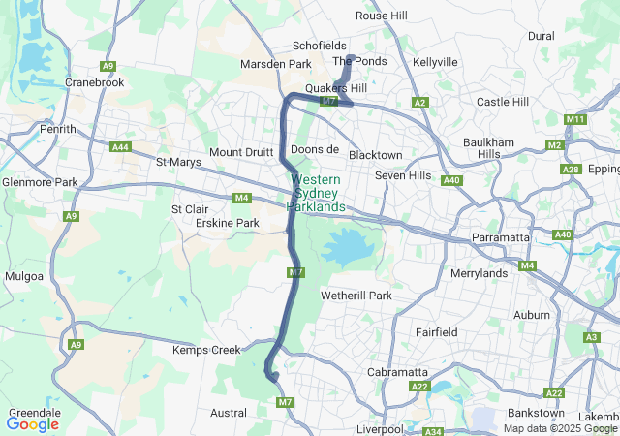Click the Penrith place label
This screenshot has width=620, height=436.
point(58,128)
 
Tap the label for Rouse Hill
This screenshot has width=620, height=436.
point(382,16)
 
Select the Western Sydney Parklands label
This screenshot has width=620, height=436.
point(316,194)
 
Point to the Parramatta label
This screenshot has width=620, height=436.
point(500,236)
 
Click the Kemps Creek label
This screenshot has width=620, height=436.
point(205,350)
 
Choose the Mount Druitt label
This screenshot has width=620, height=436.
point(242,152)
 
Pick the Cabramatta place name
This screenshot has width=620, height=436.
point(397,372)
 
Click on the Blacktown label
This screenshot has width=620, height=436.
point(375,155)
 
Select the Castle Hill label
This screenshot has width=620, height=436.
point(502,102)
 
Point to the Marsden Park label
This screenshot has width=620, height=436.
point(275,65)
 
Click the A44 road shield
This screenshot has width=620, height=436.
point(121,147)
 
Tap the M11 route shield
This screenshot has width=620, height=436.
point(575,119)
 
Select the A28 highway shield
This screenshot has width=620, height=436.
point(571,170)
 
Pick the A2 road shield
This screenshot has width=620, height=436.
point(419,102)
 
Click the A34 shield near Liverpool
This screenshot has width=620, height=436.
point(433,431)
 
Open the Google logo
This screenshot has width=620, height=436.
point(32,423)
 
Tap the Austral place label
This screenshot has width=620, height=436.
point(229,413)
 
